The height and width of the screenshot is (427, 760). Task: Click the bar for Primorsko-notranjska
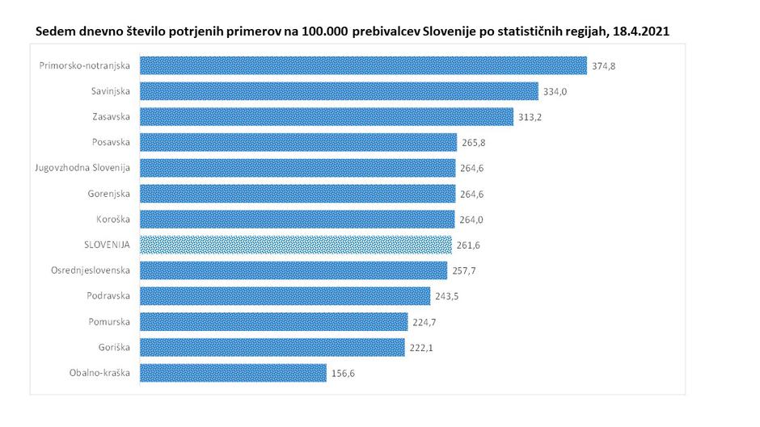[x=363, y=66]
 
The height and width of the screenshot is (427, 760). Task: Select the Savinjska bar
[x=339, y=91]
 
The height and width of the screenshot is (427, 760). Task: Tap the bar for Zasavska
[x=327, y=117]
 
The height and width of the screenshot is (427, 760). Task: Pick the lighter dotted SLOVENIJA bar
[x=296, y=245]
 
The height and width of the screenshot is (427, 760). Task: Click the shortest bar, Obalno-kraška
[x=233, y=373]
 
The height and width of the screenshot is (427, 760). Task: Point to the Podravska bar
[x=285, y=296]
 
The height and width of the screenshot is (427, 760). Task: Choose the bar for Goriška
[x=272, y=347]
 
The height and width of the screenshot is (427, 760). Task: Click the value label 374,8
[x=604, y=66]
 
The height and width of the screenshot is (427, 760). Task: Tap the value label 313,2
[x=530, y=117]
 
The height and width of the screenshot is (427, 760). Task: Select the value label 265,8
[x=474, y=143]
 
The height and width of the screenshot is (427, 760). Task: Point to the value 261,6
[x=469, y=245]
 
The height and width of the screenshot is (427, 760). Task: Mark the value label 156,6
[x=344, y=373]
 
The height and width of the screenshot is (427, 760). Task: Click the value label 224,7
[x=425, y=322]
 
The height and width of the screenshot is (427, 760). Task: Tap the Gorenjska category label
[x=108, y=194]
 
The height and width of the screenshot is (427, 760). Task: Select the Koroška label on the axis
[x=113, y=220]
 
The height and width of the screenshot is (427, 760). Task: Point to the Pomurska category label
[x=110, y=322]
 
